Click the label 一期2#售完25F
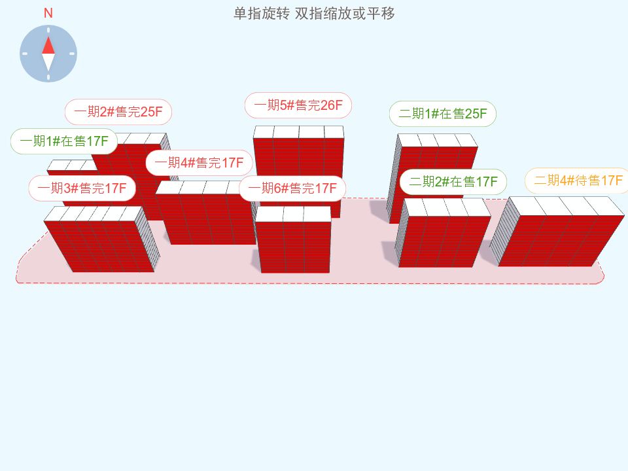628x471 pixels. click(x=118, y=112)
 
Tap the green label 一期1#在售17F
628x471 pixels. click(x=63, y=141)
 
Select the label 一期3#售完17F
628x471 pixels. click(x=82, y=188)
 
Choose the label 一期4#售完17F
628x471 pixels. click(x=199, y=163)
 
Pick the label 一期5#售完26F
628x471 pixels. click(x=298, y=105)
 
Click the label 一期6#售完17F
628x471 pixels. click(x=292, y=188)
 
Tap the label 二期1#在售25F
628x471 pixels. click(x=443, y=114)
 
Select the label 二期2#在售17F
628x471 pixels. click(x=453, y=182)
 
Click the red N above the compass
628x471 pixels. click(x=48, y=13)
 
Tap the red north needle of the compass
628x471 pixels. click(x=48, y=45)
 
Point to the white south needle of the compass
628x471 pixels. click(x=48, y=62)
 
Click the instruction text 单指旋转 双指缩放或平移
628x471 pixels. click(x=314, y=14)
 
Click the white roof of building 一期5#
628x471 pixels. click(x=298, y=131)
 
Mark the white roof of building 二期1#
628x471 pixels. click(x=438, y=140)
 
